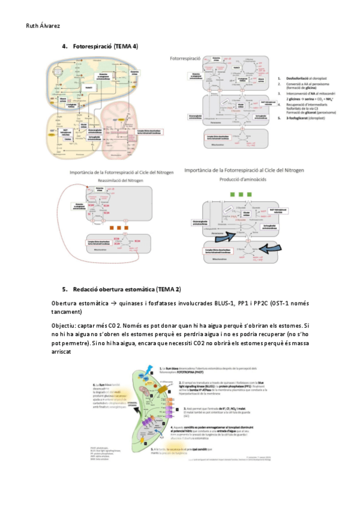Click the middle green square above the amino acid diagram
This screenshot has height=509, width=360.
tap(241, 195)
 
